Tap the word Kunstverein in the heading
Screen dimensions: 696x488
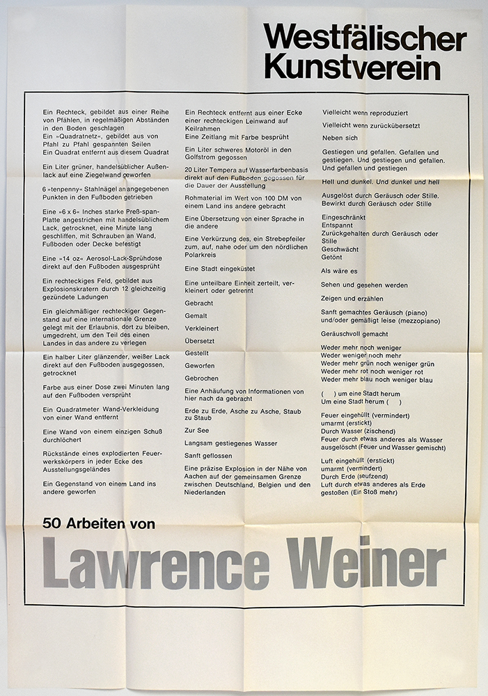click(x=352, y=68)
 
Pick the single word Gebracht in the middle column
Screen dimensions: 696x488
click(x=199, y=304)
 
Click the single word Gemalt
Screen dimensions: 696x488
click(x=196, y=316)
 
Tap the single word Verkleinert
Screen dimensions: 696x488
click(x=201, y=329)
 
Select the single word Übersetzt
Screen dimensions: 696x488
click(x=200, y=341)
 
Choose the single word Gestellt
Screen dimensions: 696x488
click(x=197, y=354)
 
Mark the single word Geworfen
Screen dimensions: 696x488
click(x=200, y=366)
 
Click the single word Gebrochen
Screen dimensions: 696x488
click(x=202, y=379)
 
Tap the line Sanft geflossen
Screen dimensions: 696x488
click(x=208, y=456)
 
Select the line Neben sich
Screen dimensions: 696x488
click(x=340, y=138)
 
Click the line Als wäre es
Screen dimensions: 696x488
click(x=339, y=271)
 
